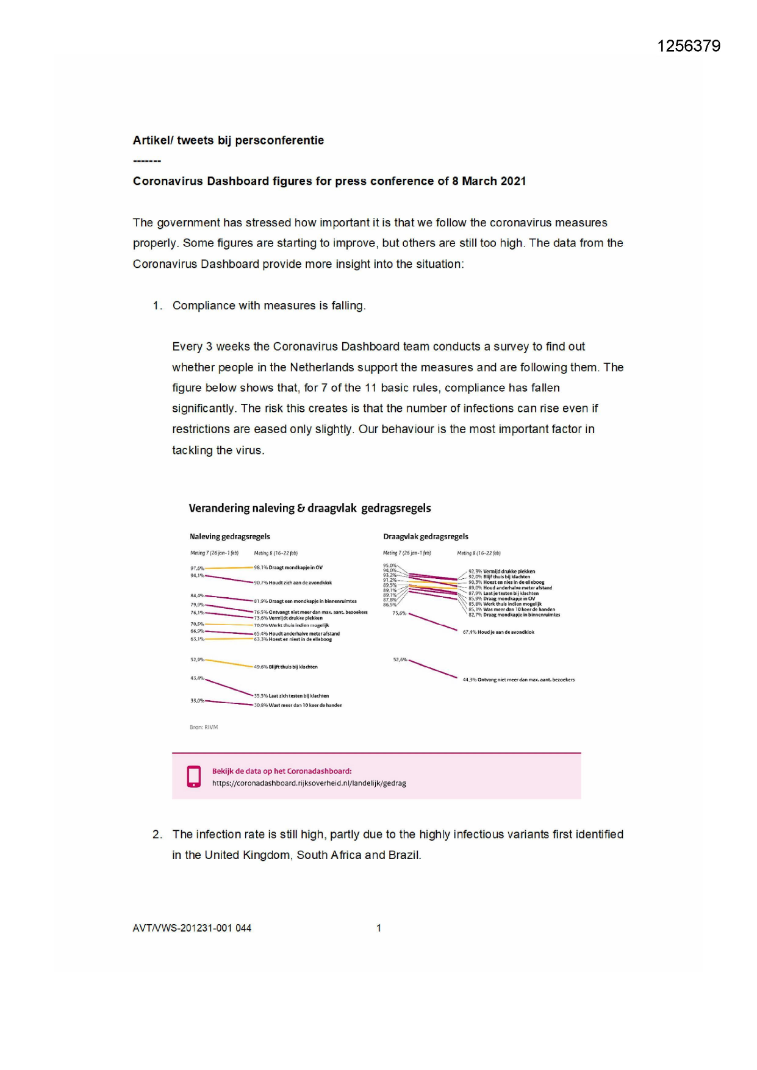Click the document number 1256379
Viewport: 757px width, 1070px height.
click(x=689, y=46)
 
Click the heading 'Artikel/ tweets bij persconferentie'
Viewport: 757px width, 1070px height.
click(x=228, y=140)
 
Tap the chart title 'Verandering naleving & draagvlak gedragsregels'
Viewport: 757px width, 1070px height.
click(x=310, y=508)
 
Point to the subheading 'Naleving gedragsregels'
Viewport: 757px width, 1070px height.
click(x=230, y=537)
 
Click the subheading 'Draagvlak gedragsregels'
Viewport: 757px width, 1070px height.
click(x=426, y=537)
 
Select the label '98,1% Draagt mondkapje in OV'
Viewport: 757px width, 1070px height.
click(x=289, y=567)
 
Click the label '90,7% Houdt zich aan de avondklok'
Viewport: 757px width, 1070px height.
click(x=293, y=583)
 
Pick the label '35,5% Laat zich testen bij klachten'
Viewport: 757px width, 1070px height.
click(x=292, y=695)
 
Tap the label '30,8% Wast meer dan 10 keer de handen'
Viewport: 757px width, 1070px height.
click(x=298, y=705)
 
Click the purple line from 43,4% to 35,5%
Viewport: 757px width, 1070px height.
click(x=229, y=687)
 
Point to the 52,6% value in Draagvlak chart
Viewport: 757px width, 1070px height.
click(x=400, y=659)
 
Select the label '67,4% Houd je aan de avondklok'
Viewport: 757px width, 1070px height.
click(x=498, y=632)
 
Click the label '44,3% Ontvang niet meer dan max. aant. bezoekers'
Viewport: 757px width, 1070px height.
click(x=518, y=680)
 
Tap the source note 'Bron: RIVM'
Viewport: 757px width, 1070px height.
click(x=204, y=727)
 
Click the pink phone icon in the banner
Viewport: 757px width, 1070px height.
click(x=194, y=776)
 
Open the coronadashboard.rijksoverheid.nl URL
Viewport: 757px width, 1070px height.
click(x=309, y=783)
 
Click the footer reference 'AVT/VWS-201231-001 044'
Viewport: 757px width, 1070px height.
click(x=192, y=928)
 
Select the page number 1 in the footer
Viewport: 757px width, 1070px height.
click(x=379, y=928)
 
